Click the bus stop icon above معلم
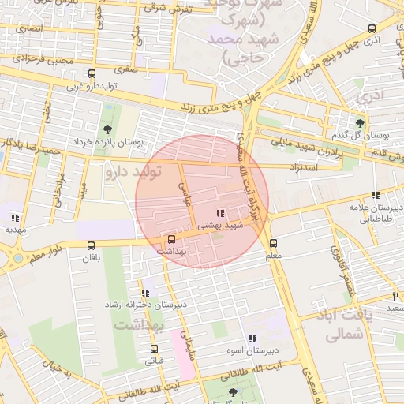click(x=273, y=243)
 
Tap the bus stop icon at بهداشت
click(x=171, y=238)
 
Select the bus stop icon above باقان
click(x=91, y=245)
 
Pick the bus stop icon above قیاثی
click(x=154, y=349)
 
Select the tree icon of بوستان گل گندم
click(x=360, y=122)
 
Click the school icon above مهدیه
click(x=15, y=218)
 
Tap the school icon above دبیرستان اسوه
click(x=252, y=338)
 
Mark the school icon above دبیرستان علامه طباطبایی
click(x=376, y=195)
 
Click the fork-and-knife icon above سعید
click(x=395, y=296)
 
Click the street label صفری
click(x=125, y=69)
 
